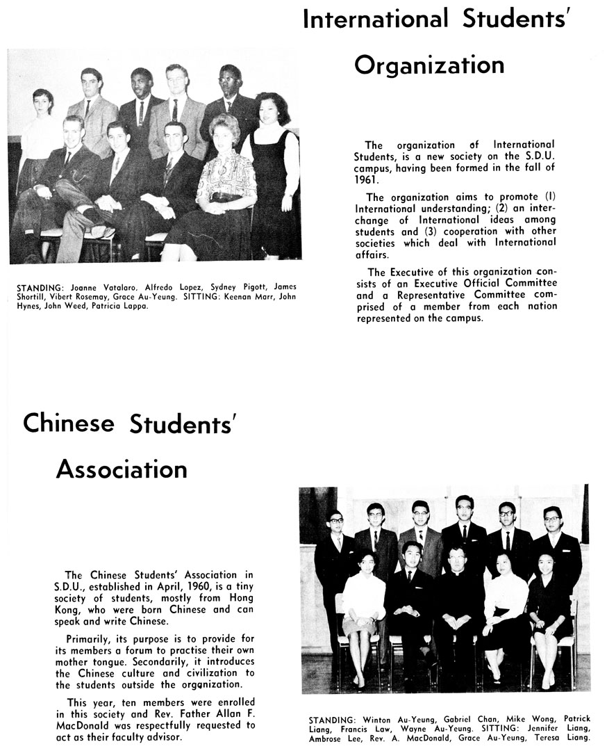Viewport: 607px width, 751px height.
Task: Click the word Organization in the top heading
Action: (429, 65)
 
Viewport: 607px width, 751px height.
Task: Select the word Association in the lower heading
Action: (122, 469)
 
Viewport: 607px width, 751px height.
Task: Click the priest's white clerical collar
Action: (456, 572)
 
